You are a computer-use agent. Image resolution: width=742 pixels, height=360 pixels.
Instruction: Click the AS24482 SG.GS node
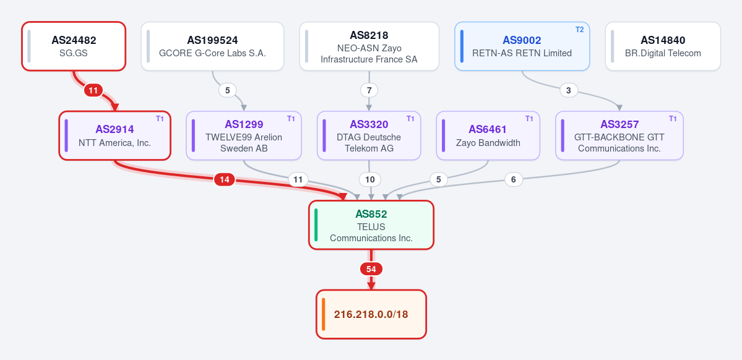[74, 46]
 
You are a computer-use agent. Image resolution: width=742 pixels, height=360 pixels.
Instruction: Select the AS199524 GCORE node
[212, 46]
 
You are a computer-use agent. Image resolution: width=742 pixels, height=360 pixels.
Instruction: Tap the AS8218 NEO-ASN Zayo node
[369, 46]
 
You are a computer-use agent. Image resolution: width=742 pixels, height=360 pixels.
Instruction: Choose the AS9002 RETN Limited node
[522, 46]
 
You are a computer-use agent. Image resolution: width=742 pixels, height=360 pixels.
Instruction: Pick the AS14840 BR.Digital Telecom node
[663, 46]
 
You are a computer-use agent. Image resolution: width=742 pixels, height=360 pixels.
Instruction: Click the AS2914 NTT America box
[115, 135]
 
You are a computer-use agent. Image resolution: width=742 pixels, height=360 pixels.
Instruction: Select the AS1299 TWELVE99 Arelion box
[244, 135]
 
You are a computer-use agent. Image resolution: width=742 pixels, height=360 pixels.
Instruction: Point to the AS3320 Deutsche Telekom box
[369, 135]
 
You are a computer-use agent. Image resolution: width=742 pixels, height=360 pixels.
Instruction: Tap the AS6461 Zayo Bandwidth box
[488, 135]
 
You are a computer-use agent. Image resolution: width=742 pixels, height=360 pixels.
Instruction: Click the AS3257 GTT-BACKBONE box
[619, 135]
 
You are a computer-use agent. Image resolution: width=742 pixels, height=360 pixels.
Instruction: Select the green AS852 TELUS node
[371, 225]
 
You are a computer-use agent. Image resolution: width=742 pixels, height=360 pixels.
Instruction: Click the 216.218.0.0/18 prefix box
[371, 315]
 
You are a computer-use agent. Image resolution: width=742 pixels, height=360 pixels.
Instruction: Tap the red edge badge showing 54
[371, 269]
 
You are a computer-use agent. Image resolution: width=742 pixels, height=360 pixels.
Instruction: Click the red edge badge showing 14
[225, 180]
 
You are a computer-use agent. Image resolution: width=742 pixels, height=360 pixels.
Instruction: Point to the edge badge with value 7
[369, 90]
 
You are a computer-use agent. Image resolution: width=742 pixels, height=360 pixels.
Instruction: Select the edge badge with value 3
[569, 90]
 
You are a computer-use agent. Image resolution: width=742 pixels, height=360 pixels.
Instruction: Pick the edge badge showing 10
[370, 180]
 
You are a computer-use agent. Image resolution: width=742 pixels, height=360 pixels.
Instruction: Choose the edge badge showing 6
[514, 180]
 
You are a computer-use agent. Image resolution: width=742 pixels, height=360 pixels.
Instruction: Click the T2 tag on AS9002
[580, 29]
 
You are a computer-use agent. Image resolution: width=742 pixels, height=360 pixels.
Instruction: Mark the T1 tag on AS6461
[529, 119]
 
